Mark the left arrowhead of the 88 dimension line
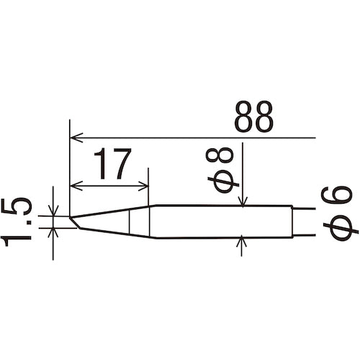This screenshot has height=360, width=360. pyautogui.click(x=75, y=136)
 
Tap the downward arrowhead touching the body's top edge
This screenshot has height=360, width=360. pyautogui.click(x=244, y=202)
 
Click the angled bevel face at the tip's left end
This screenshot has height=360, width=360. pyautogui.click(x=74, y=224)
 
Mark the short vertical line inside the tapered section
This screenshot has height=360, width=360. pyautogui.click(x=130, y=222)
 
